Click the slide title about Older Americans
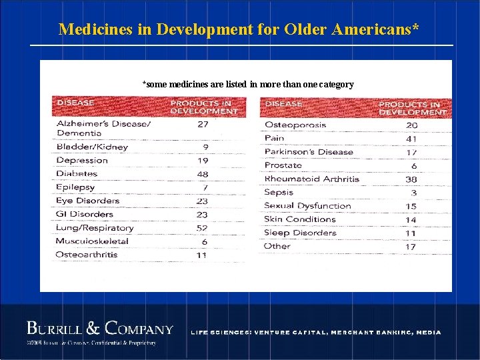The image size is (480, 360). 239,29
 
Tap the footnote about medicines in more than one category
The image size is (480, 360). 248,85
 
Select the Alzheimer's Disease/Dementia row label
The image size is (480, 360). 103,128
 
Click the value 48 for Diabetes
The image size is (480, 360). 203,174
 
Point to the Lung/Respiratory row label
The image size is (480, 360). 95,228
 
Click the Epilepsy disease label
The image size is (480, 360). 77,187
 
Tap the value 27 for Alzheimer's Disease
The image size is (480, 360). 203,124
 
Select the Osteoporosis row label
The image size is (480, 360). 295,125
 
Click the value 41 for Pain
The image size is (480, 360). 411,139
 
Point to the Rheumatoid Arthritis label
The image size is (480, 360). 311,179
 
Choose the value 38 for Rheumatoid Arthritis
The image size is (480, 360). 411,179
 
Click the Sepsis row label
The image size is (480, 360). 279,192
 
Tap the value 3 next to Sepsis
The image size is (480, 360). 414,193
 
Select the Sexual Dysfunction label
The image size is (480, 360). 307,206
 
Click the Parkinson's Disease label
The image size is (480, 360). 309,152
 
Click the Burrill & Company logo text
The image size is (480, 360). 99,329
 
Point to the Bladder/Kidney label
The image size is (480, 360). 92,147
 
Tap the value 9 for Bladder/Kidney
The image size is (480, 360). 205,147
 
